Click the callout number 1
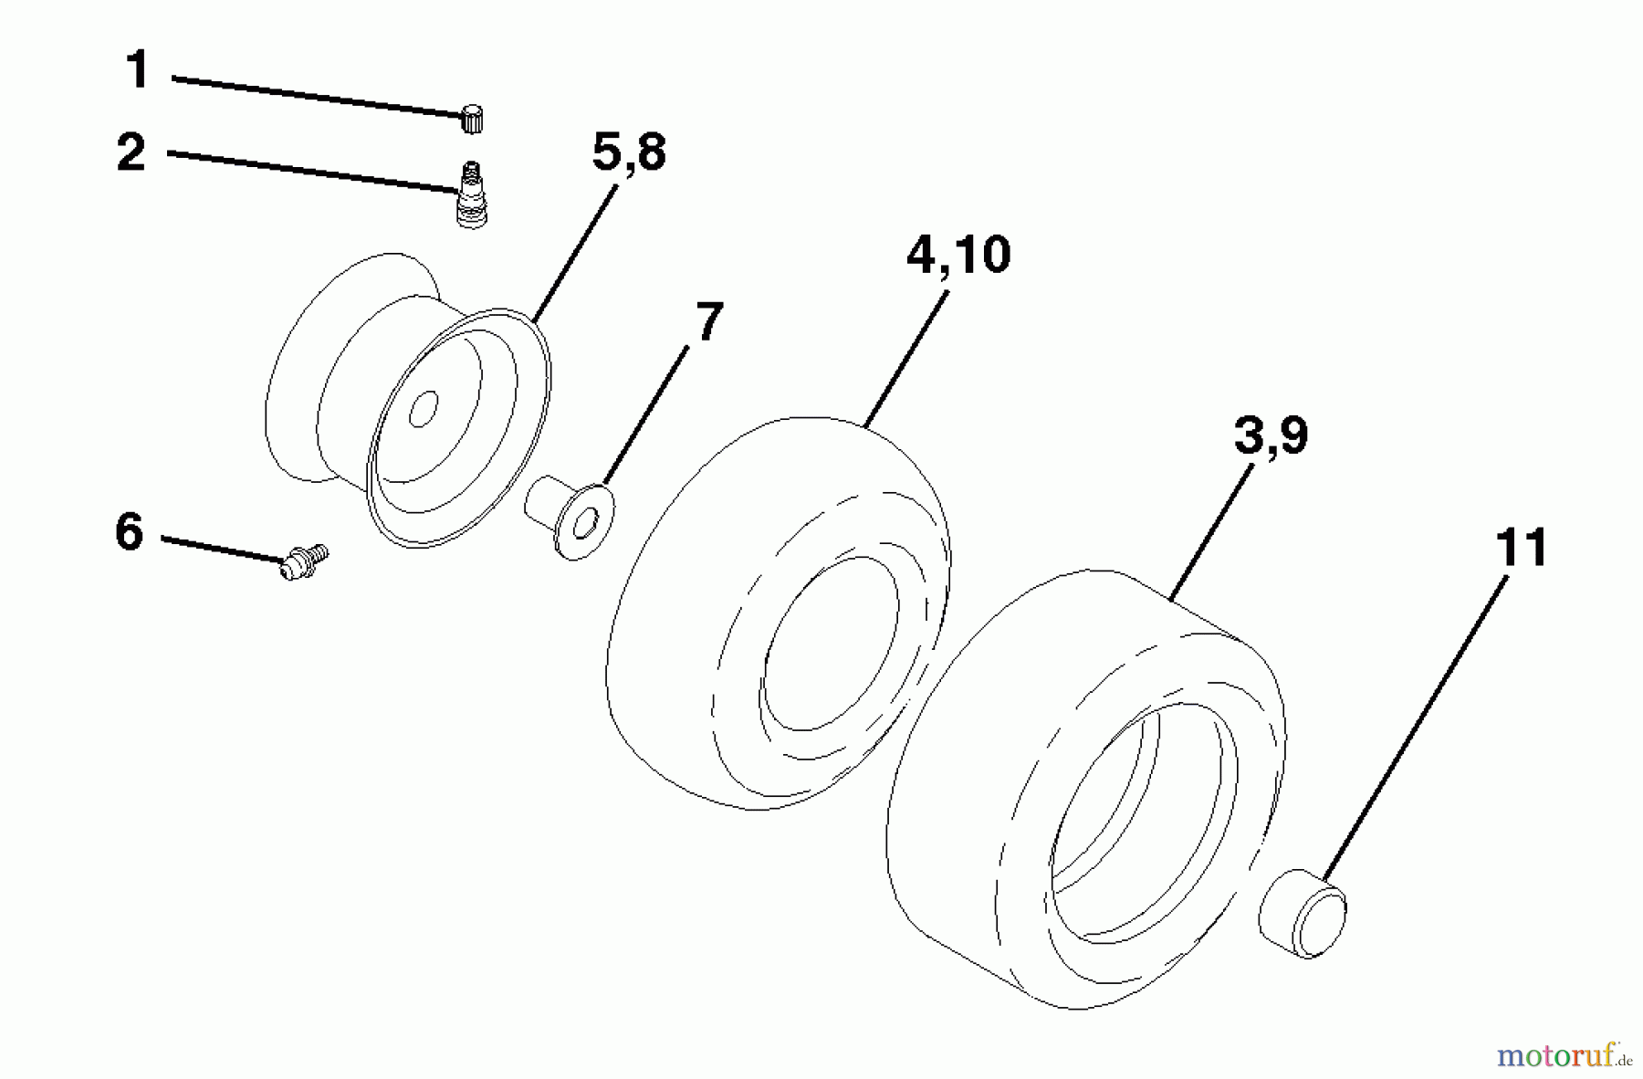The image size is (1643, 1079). [138, 70]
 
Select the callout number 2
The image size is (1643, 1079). [131, 152]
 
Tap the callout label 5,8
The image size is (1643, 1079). [629, 152]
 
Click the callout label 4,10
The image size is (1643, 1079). [958, 255]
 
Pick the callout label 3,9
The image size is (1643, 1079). [1271, 436]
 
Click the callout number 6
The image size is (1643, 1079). [130, 531]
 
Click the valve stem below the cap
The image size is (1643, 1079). [470, 194]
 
